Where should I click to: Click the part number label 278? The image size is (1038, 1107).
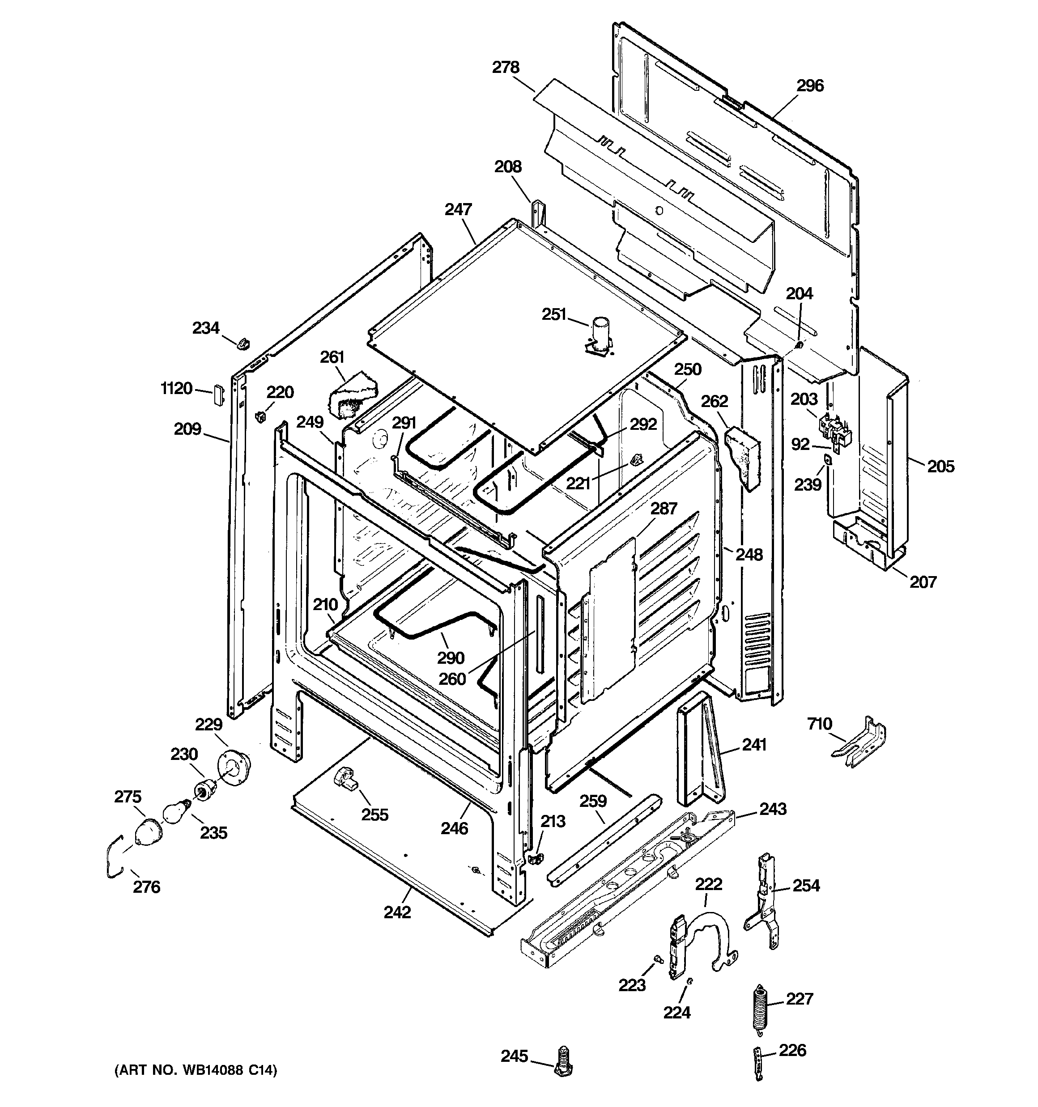click(x=505, y=68)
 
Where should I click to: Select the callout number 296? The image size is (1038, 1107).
click(x=809, y=86)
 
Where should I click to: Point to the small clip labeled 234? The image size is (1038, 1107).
click(x=243, y=344)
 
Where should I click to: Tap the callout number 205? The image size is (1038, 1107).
click(x=940, y=466)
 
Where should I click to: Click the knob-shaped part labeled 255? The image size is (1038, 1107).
click(x=345, y=777)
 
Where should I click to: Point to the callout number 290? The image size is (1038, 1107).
click(x=450, y=658)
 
